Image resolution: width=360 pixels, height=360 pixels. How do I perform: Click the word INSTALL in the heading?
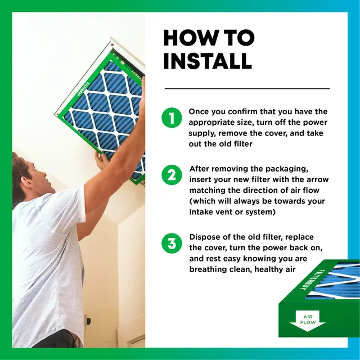click(208, 61)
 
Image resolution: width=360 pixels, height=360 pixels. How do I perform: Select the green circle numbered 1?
click(172, 118)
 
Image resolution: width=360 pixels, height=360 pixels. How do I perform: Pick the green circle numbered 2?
click(172, 175)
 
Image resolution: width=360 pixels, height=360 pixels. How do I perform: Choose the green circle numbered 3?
click(172, 243)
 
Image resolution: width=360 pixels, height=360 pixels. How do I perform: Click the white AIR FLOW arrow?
click(308, 321)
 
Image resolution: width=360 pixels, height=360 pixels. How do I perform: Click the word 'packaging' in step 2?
click(287, 169)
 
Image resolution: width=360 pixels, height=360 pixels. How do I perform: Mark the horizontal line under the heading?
click(247, 88)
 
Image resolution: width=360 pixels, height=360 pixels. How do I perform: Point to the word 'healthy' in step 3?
click(268, 269)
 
